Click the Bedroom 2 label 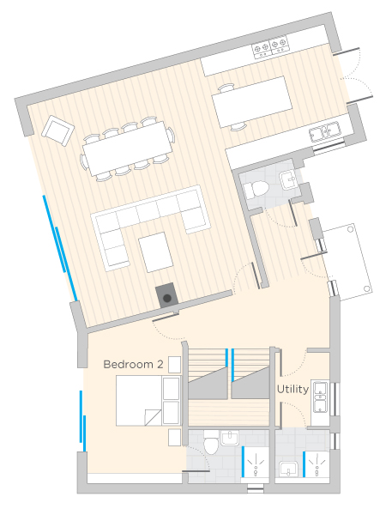(x=133, y=364)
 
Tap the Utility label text (x=293, y=390)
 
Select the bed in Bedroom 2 (x=139, y=401)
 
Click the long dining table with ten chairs (x=127, y=147)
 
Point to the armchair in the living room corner (x=57, y=130)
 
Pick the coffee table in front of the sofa (x=156, y=252)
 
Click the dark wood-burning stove (x=166, y=295)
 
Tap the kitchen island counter (x=252, y=102)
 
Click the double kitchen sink (x=324, y=131)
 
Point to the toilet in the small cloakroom (x=256, y=190)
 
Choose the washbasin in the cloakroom (x=288, y=179)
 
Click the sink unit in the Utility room (x=320, y=397)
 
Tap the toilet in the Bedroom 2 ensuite (x=211, y=442)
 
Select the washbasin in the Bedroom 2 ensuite (x=230, y=438)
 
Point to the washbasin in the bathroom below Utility (x=288, y=469)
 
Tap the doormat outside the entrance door (x=347, y=262)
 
